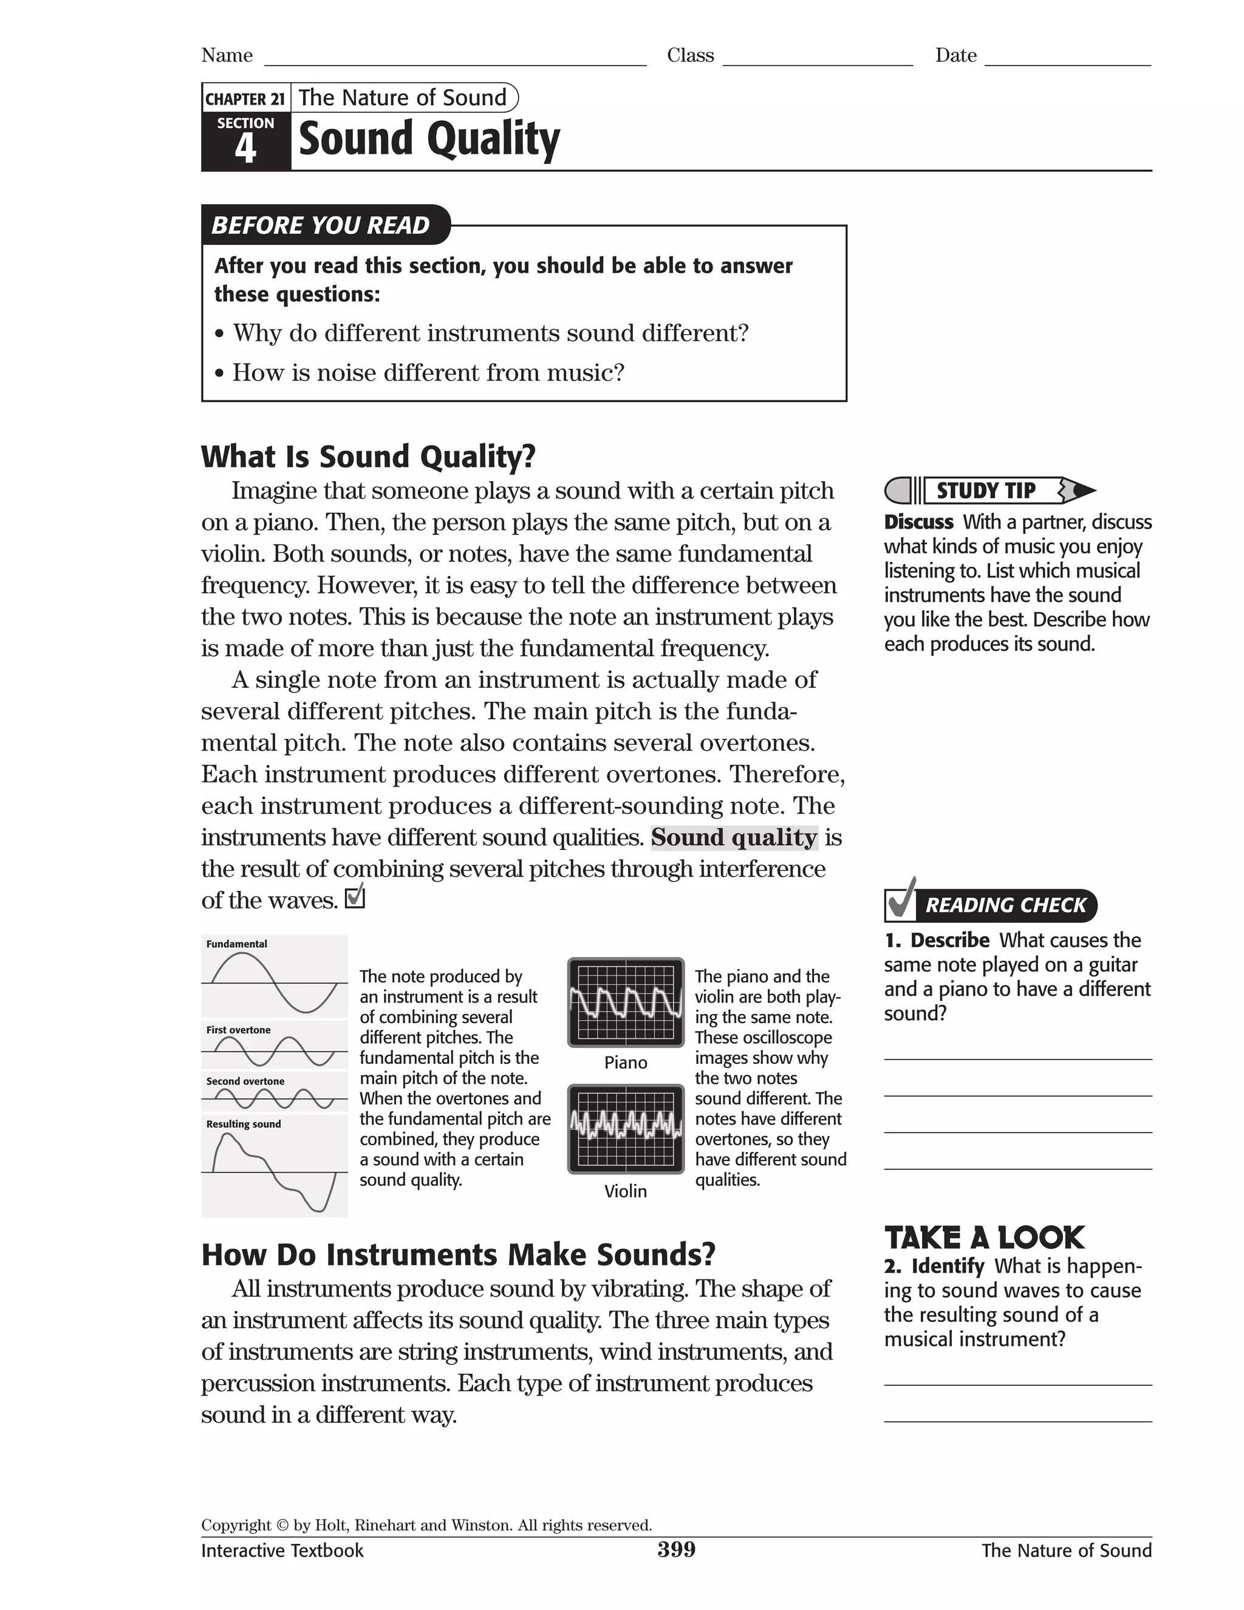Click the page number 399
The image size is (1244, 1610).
[x=676, y=1550]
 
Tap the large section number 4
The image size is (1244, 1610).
[x=245, y=148]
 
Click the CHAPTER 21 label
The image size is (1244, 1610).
[x=245, y=99]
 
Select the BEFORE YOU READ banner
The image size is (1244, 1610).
[x=321, y=225]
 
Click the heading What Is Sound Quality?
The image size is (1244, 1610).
[x=367, y=456]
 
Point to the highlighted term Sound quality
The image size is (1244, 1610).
[x=734, y=837]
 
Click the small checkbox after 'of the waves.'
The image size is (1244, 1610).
[x=355, y=897]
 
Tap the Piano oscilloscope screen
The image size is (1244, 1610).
[x=626, y=1002]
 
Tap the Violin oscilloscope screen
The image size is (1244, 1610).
[x=626, y=1128]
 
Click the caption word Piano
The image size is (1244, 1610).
[x=626, y=1062]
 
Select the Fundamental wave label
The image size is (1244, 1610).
[x=236, y=944]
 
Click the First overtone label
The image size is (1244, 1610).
[x=238, y=1030]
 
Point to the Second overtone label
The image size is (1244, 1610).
[x=245, y=1081]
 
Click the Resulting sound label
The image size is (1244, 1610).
[x=243, y=1124]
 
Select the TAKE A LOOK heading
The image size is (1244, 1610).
[x=984, y=1238]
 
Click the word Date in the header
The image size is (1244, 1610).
[x=956, y=55]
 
